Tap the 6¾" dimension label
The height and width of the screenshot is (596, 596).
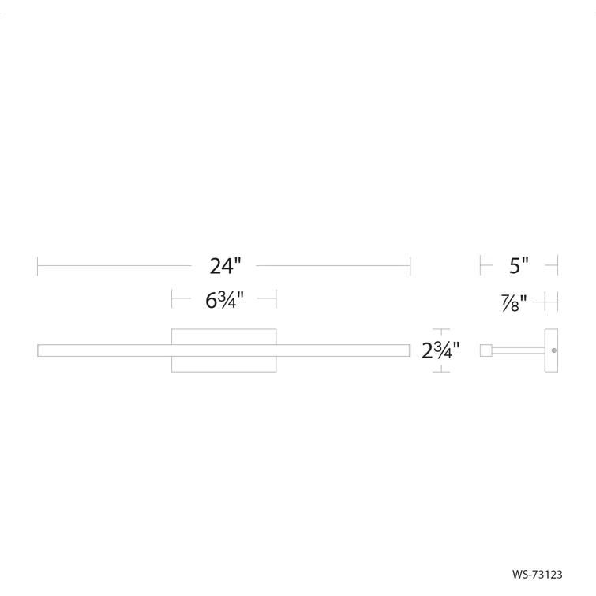click(224, 300)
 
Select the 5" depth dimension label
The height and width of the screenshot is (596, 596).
click(518, 266)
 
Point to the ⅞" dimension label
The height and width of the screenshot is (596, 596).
click(513, 302)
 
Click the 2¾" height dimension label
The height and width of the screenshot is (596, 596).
click(441, 350)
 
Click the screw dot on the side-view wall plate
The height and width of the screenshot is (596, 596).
click(554, 350)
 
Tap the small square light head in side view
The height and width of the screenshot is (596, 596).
click(486, 350)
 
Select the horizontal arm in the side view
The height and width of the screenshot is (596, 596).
click(519, 350)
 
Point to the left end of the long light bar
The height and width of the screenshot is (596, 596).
click(39, 350)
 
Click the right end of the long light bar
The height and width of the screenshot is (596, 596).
click(408, 350)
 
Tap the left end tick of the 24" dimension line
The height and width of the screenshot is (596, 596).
click(38, 266)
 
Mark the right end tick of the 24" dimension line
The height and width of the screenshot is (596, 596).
click(410, 266)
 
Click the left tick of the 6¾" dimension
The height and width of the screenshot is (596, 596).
click(172, 299)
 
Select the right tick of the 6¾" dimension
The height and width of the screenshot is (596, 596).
click(276, 299)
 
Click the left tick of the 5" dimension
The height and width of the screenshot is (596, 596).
click(480, 266)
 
